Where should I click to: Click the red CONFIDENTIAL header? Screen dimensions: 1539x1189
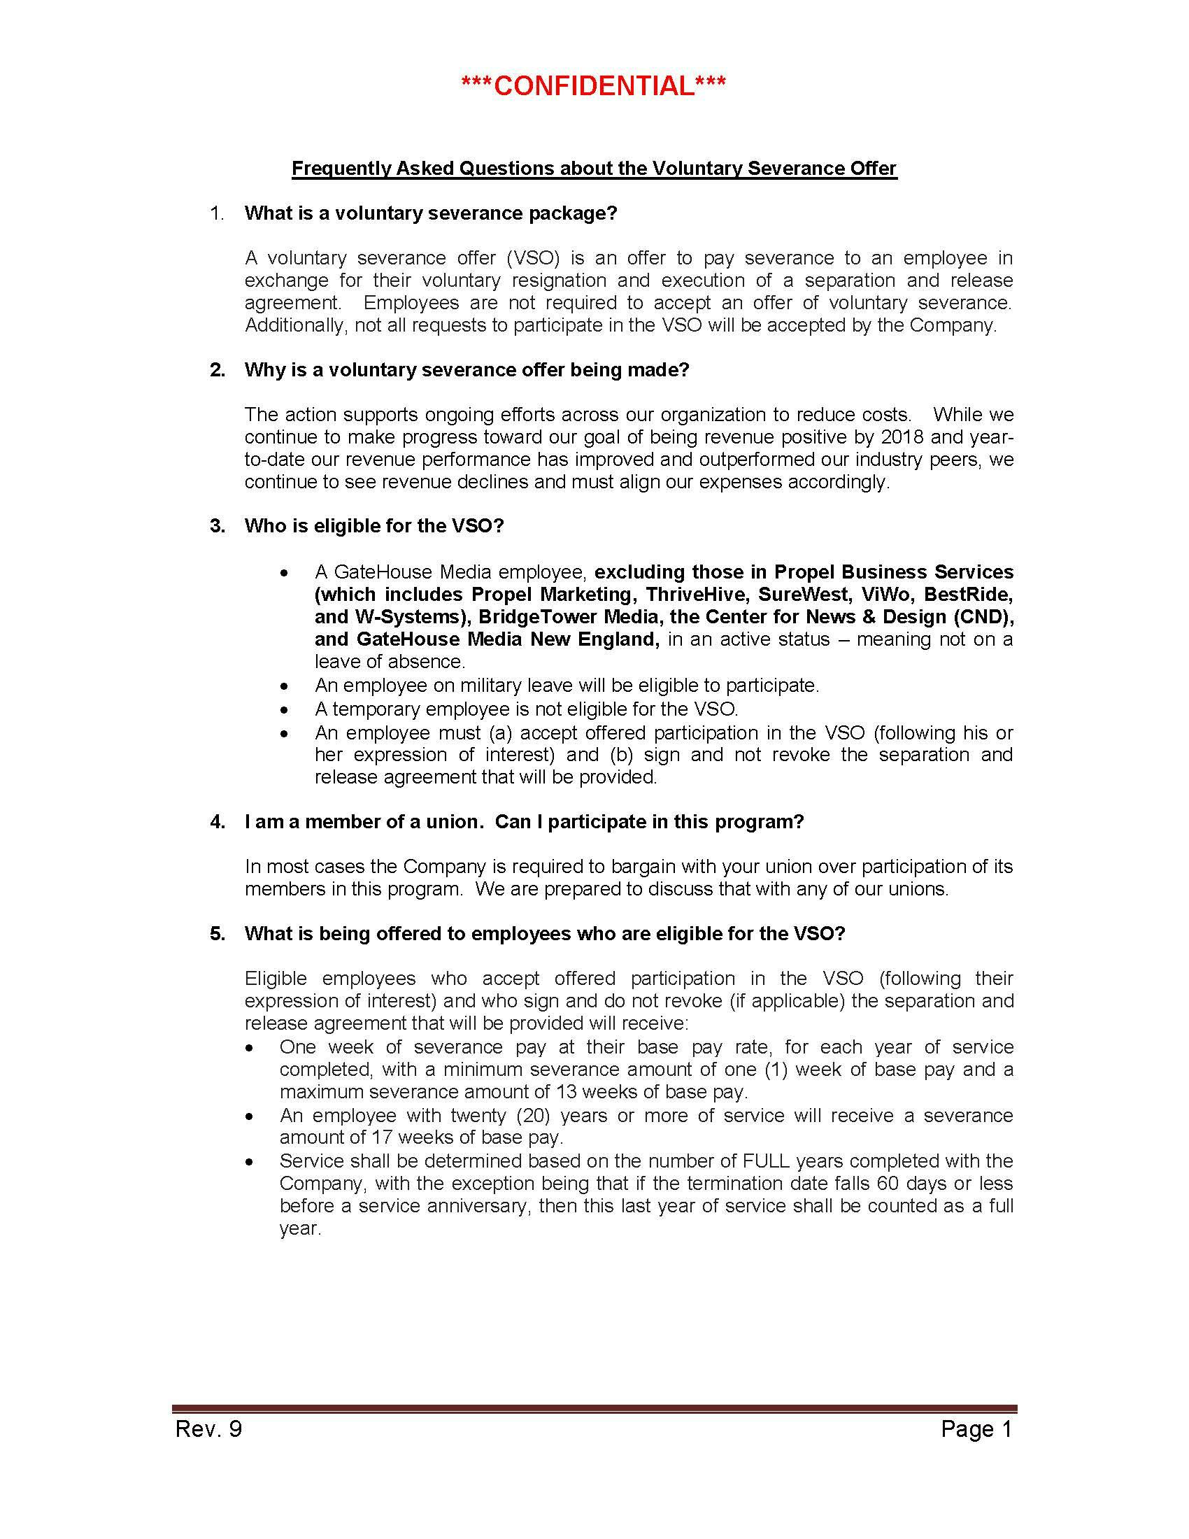coord(593,86)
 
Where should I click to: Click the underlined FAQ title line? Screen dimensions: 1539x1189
coord(594,169)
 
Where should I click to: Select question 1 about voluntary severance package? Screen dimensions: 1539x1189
coord(430,213)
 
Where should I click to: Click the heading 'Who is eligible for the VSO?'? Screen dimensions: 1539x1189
coord(374,526)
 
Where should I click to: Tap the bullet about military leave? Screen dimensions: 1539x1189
coord(567,685)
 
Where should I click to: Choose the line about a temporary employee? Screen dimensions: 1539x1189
coord(526,708)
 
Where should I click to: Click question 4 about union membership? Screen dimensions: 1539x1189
coord(524,822)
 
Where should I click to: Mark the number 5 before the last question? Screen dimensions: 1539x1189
coord(217,934)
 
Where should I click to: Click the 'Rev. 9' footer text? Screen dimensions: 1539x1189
coord(208,1428)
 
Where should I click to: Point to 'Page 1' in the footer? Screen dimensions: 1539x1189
coord(976,1428)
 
